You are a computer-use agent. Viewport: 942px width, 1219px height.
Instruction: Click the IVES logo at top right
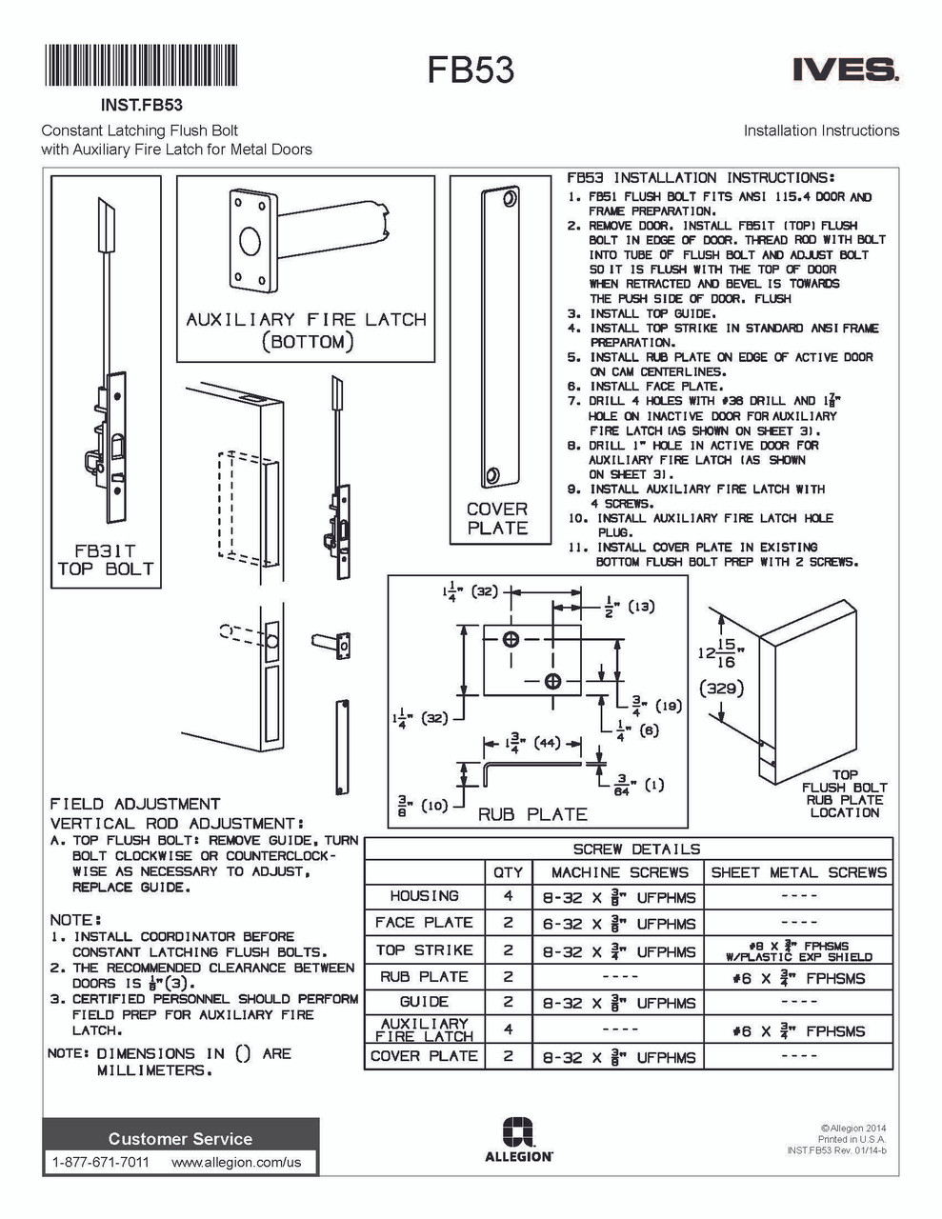(845, 70)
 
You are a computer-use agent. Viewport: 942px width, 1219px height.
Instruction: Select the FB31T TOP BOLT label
(104, 559)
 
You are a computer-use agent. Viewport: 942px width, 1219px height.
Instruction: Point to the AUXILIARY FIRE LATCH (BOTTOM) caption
(306, 330)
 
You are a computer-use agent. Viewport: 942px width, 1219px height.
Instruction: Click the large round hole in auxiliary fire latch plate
(251, 241)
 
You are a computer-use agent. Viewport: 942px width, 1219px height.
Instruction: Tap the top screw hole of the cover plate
(509, 199)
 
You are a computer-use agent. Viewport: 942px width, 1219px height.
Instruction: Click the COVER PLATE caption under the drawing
(496, 518)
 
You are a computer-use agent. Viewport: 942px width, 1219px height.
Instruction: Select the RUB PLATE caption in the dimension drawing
(531, 814)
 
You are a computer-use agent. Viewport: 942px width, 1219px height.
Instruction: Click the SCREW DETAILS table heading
(635, 849)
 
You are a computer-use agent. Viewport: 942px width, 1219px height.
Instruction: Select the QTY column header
(508, 872)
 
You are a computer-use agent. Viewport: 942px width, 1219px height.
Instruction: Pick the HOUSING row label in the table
(424, 896)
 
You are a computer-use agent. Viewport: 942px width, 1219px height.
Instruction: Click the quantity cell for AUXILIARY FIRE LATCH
(508, 1029)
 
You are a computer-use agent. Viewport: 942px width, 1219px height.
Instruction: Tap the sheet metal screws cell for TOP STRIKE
(798, 950)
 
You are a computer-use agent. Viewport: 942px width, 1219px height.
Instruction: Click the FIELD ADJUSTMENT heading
(134, 804)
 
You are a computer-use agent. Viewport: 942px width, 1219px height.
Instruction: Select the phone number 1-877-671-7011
(101, 1163)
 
